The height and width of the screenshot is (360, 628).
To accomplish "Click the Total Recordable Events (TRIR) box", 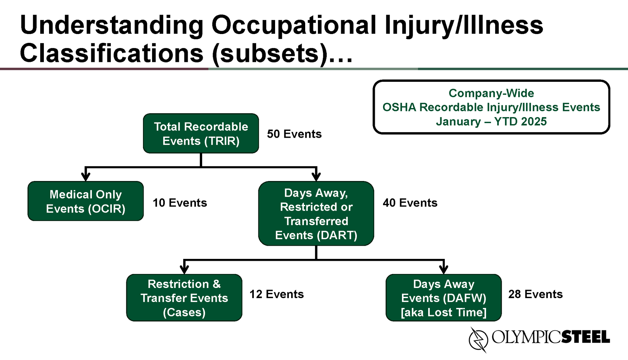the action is point(201,133).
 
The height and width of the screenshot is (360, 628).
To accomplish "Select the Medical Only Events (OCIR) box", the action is point(86,201).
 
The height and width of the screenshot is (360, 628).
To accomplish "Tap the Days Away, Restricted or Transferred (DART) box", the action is point(316,213).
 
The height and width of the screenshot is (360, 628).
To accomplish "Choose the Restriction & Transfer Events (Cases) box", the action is point(184,297).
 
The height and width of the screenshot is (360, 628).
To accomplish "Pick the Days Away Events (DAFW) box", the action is point(444,297).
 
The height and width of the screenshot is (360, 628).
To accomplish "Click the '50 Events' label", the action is point(294,134).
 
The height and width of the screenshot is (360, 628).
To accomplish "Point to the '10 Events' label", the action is point(180,203).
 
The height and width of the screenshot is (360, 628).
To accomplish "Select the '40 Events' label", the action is point(410,203).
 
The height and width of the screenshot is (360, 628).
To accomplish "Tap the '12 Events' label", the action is point(277,294).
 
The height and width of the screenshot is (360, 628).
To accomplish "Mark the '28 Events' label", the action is point(535,294).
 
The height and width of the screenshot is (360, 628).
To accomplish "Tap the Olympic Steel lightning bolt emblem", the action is point(478,340).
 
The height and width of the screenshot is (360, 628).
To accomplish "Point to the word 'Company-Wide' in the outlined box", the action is point(491,93).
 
